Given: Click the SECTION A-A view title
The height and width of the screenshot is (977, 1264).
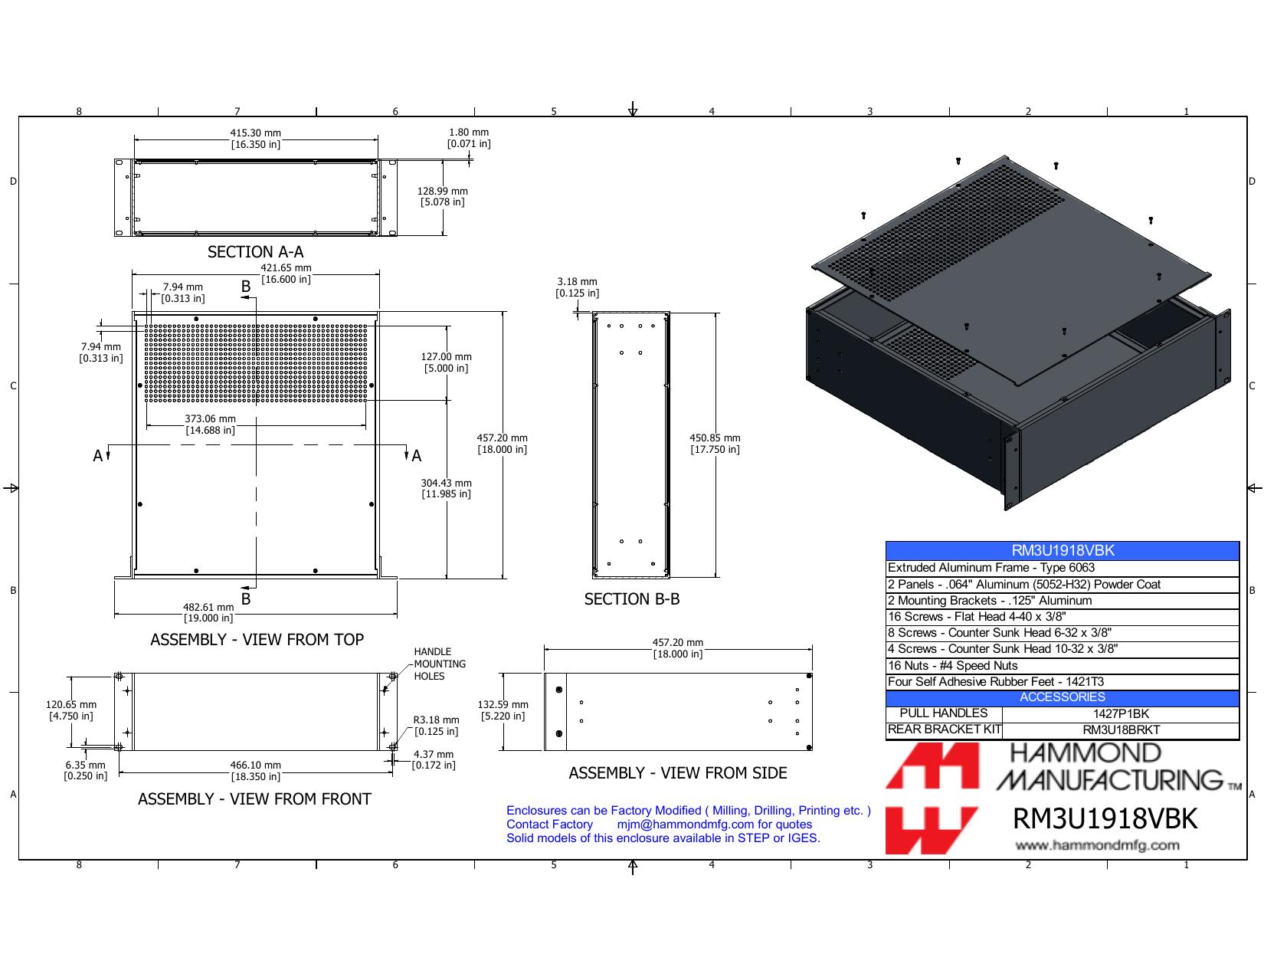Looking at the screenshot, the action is pos(255,252).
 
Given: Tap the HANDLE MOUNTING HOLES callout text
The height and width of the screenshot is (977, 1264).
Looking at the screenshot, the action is pos(440,664).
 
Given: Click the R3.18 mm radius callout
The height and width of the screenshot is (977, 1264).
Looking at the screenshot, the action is pos(436,726).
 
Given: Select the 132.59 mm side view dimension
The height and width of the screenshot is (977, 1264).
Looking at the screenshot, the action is pos(503,710).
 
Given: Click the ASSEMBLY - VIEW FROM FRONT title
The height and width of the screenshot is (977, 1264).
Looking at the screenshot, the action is pos(254,799).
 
